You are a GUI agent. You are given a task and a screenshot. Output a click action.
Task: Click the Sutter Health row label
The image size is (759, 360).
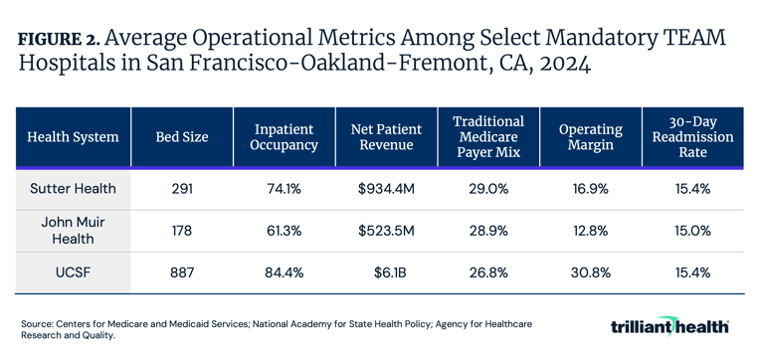pyautogui.click(x=72, y=188)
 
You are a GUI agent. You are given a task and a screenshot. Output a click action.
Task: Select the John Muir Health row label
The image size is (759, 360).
pyautogui.click(x=72, y=230)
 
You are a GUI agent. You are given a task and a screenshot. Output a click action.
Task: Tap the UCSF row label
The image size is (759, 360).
pyautogui.click(x=72, y=272)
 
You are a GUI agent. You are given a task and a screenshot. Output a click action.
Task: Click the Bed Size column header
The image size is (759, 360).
pyautogui.click(x=182, y=137)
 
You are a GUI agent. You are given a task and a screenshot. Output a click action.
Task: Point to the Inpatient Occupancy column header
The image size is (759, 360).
pyautogui.click(x=285, y=137)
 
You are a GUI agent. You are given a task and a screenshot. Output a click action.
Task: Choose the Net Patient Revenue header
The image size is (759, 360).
pyautogui.click(x=386, y=137)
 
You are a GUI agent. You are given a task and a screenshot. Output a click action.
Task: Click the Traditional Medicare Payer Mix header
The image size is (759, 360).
pyautogui.click(x=487, y=137)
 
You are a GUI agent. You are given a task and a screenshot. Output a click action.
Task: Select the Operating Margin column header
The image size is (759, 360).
pyautogui.click(x=590, y=137)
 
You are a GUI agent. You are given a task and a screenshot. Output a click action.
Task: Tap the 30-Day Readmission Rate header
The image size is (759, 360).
pyautogui.click(x=692, y=137)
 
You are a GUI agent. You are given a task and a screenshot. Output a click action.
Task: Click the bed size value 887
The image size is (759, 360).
pyautogui.click(x=182, y=272)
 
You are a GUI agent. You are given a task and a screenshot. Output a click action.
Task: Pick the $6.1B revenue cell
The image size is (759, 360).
pyautogui.click(x=386, y=272)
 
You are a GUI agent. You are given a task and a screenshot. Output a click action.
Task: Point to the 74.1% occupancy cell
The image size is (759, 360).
pyautogui.click(x=285, y=188)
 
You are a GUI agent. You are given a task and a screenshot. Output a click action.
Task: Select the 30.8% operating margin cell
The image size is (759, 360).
pyautogui.click(x=590, y=272)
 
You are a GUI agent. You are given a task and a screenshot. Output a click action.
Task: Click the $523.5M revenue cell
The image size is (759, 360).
pyautogui.click(x=386, y=230)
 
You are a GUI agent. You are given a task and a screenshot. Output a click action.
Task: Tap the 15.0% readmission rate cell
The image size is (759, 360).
pyautogui.click(x=692, y=230)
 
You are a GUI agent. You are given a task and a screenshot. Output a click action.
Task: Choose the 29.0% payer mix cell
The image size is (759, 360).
pyautogui.click(x=487, y=188)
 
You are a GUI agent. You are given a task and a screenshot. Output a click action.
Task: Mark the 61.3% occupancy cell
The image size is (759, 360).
pyautogui.click(x=285, y=230)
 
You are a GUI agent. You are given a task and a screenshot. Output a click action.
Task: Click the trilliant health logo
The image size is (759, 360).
pyautogui.click(x=669, y=327)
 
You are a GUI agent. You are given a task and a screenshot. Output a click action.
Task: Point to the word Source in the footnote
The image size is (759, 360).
pyautogui.click(x=37, y=324)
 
